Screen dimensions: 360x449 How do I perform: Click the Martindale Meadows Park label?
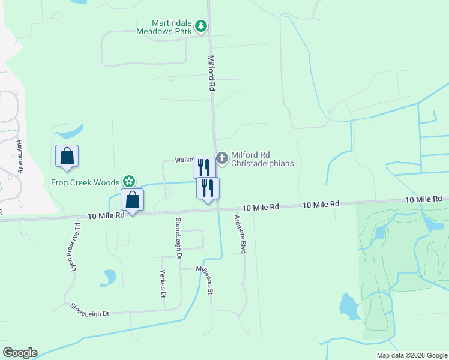[163, 26]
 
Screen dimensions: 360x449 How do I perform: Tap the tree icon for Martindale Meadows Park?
[200, 26]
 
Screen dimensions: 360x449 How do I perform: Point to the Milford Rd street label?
[211, 73]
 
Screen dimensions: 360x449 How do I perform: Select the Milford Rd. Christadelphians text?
[262, 160]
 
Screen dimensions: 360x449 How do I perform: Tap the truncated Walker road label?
[183, 160]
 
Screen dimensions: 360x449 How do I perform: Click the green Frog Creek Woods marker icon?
[128, 181]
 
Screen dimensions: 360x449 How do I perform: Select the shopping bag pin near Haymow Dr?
[67, 156]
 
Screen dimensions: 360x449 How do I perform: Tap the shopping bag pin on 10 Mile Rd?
[132, 200]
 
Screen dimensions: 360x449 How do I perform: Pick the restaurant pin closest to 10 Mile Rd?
[208, 188]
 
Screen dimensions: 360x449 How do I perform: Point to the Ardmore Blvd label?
[241, 234]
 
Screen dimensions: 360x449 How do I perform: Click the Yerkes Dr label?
[162, 283]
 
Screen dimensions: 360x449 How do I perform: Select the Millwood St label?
[206, 280]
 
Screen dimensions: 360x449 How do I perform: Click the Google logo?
[20, 353]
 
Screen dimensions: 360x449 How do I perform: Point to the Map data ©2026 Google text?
[411, 355]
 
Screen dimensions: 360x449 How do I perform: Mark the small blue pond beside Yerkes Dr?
[110, 277]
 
